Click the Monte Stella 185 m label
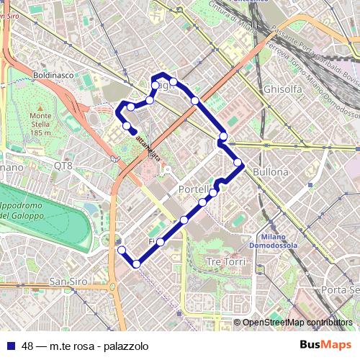pyautogui.click(x=41, y=124)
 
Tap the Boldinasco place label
pyautogui.click(x=54, y=74)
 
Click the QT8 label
pyautogui.click(x=63, y=166)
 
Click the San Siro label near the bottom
pyautogui.click(x=68, y=281)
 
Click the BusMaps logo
pyautogui.click(x=325, y=345)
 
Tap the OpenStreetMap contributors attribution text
pyautogui.click(x=297, y=323)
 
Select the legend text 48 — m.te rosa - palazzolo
pyautogui.click(x=85, y=346)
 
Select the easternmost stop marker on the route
pyautogui.click(x=238, y=163)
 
